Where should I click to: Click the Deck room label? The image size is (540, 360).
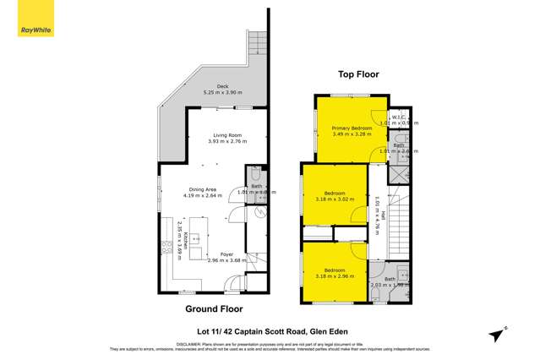(x=222, y=85)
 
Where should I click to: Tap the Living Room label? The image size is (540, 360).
(x=227, y=135)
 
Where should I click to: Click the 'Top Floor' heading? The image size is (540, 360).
(x=359, y=74)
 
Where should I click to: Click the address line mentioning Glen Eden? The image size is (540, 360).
(x=270, y=331)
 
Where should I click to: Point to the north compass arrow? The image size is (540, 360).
(x=501, y=330)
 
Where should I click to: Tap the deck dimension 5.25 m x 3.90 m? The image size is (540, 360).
(x=222, y=91)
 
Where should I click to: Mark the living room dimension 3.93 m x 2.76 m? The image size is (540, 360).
(x=227, y=141)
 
